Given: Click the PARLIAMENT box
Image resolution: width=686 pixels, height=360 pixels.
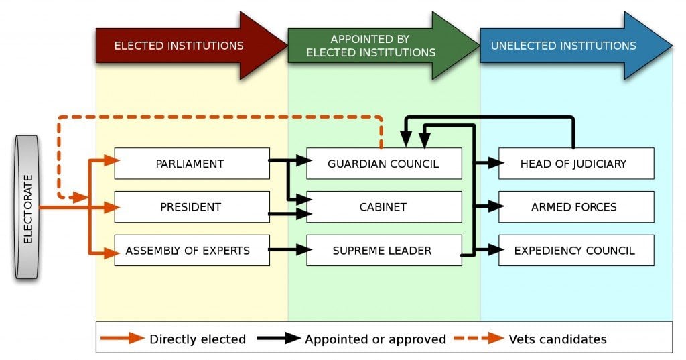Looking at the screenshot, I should (192, 164).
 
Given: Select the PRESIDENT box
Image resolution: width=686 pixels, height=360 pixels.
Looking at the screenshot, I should (192, 207).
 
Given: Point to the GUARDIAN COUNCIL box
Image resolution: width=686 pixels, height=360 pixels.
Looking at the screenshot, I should (384, 164).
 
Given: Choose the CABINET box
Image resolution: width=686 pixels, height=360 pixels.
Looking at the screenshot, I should (384, 207).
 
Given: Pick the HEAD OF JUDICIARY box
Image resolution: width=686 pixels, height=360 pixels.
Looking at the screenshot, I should (576, 164).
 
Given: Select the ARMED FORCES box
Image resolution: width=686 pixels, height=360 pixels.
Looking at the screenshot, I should (576, 207).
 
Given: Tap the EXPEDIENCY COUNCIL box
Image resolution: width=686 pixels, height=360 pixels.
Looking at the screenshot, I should (576, 251).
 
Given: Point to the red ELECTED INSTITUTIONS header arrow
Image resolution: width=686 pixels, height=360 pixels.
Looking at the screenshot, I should (188, 46).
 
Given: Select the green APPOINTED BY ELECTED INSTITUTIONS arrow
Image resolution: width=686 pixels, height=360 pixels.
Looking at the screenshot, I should (379, 46).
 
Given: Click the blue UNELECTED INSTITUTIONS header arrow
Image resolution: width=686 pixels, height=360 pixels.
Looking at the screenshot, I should (569, 46).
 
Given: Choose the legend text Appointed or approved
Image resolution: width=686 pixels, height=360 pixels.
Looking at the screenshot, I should (375, 339).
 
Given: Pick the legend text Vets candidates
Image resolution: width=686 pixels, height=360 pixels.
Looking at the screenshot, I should (558, 339).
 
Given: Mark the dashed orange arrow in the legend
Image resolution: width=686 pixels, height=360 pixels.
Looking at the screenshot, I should (478, 339).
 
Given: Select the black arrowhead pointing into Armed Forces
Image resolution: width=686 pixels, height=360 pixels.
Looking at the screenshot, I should (496, 207).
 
